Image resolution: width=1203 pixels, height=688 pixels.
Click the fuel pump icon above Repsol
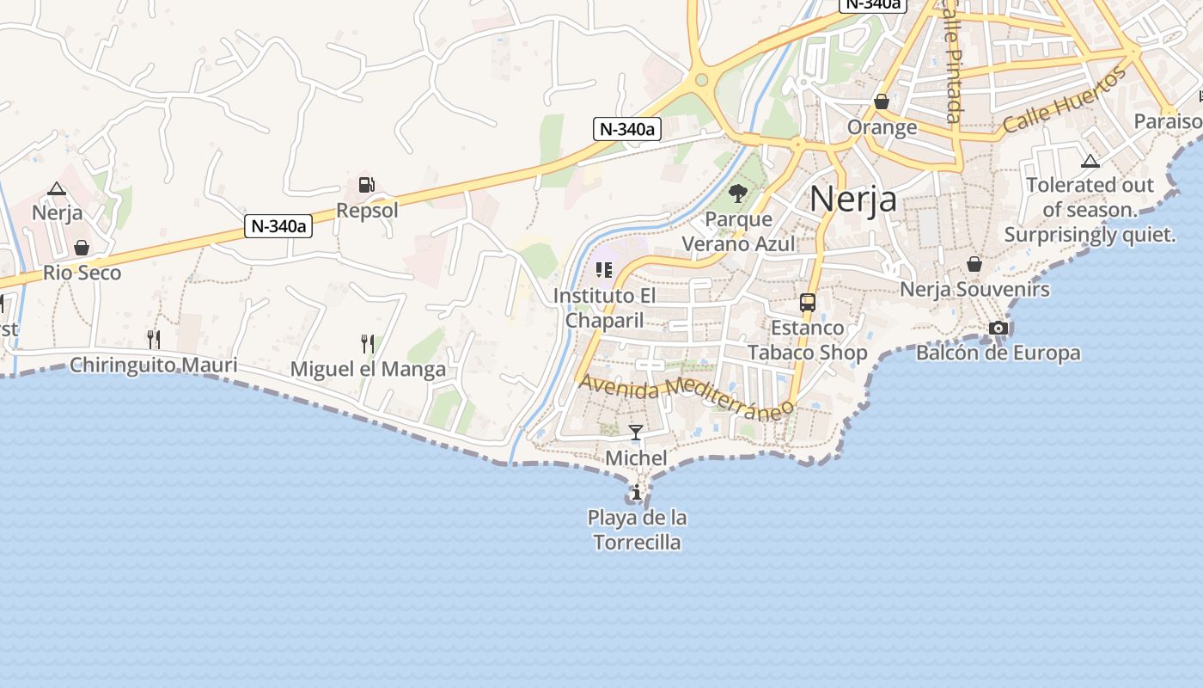(x=367, y=185)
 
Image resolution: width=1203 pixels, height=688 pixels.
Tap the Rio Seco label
(x=82, y=273)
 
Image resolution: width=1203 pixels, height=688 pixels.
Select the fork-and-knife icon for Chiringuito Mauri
(x=153, y=339)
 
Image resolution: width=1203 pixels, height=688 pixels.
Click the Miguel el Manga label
(x=368, y=370)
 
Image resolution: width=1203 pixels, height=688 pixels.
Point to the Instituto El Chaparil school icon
(x=603, y=271)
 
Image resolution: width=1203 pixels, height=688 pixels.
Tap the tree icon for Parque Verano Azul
(x=737, y=193)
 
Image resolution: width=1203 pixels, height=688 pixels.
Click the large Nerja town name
(x=853, y=199)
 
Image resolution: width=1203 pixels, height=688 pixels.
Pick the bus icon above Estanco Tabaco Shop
(x=807, y=303)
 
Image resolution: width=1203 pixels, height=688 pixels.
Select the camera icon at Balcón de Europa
(x=998, y=328)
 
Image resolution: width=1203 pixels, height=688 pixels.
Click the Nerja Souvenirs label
(x=974, y=289)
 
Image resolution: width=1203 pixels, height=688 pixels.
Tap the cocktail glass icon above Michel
(x=636, y=433)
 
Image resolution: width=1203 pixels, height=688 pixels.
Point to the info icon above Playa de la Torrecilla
(x=636, y=493)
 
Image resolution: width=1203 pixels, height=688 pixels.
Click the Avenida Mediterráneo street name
(x=685, y=396)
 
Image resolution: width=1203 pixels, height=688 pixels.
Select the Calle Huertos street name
(x=1065, y=101)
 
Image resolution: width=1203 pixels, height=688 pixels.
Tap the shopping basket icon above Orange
(x=882, y=102)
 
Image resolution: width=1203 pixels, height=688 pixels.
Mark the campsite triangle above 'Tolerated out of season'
(x=1090, y=161)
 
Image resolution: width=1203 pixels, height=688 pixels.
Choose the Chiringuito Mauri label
(x=153, y=365)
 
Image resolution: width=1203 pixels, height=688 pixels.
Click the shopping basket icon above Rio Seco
(x=82, y=249)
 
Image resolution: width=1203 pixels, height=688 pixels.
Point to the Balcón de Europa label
(x=998, y=353)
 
